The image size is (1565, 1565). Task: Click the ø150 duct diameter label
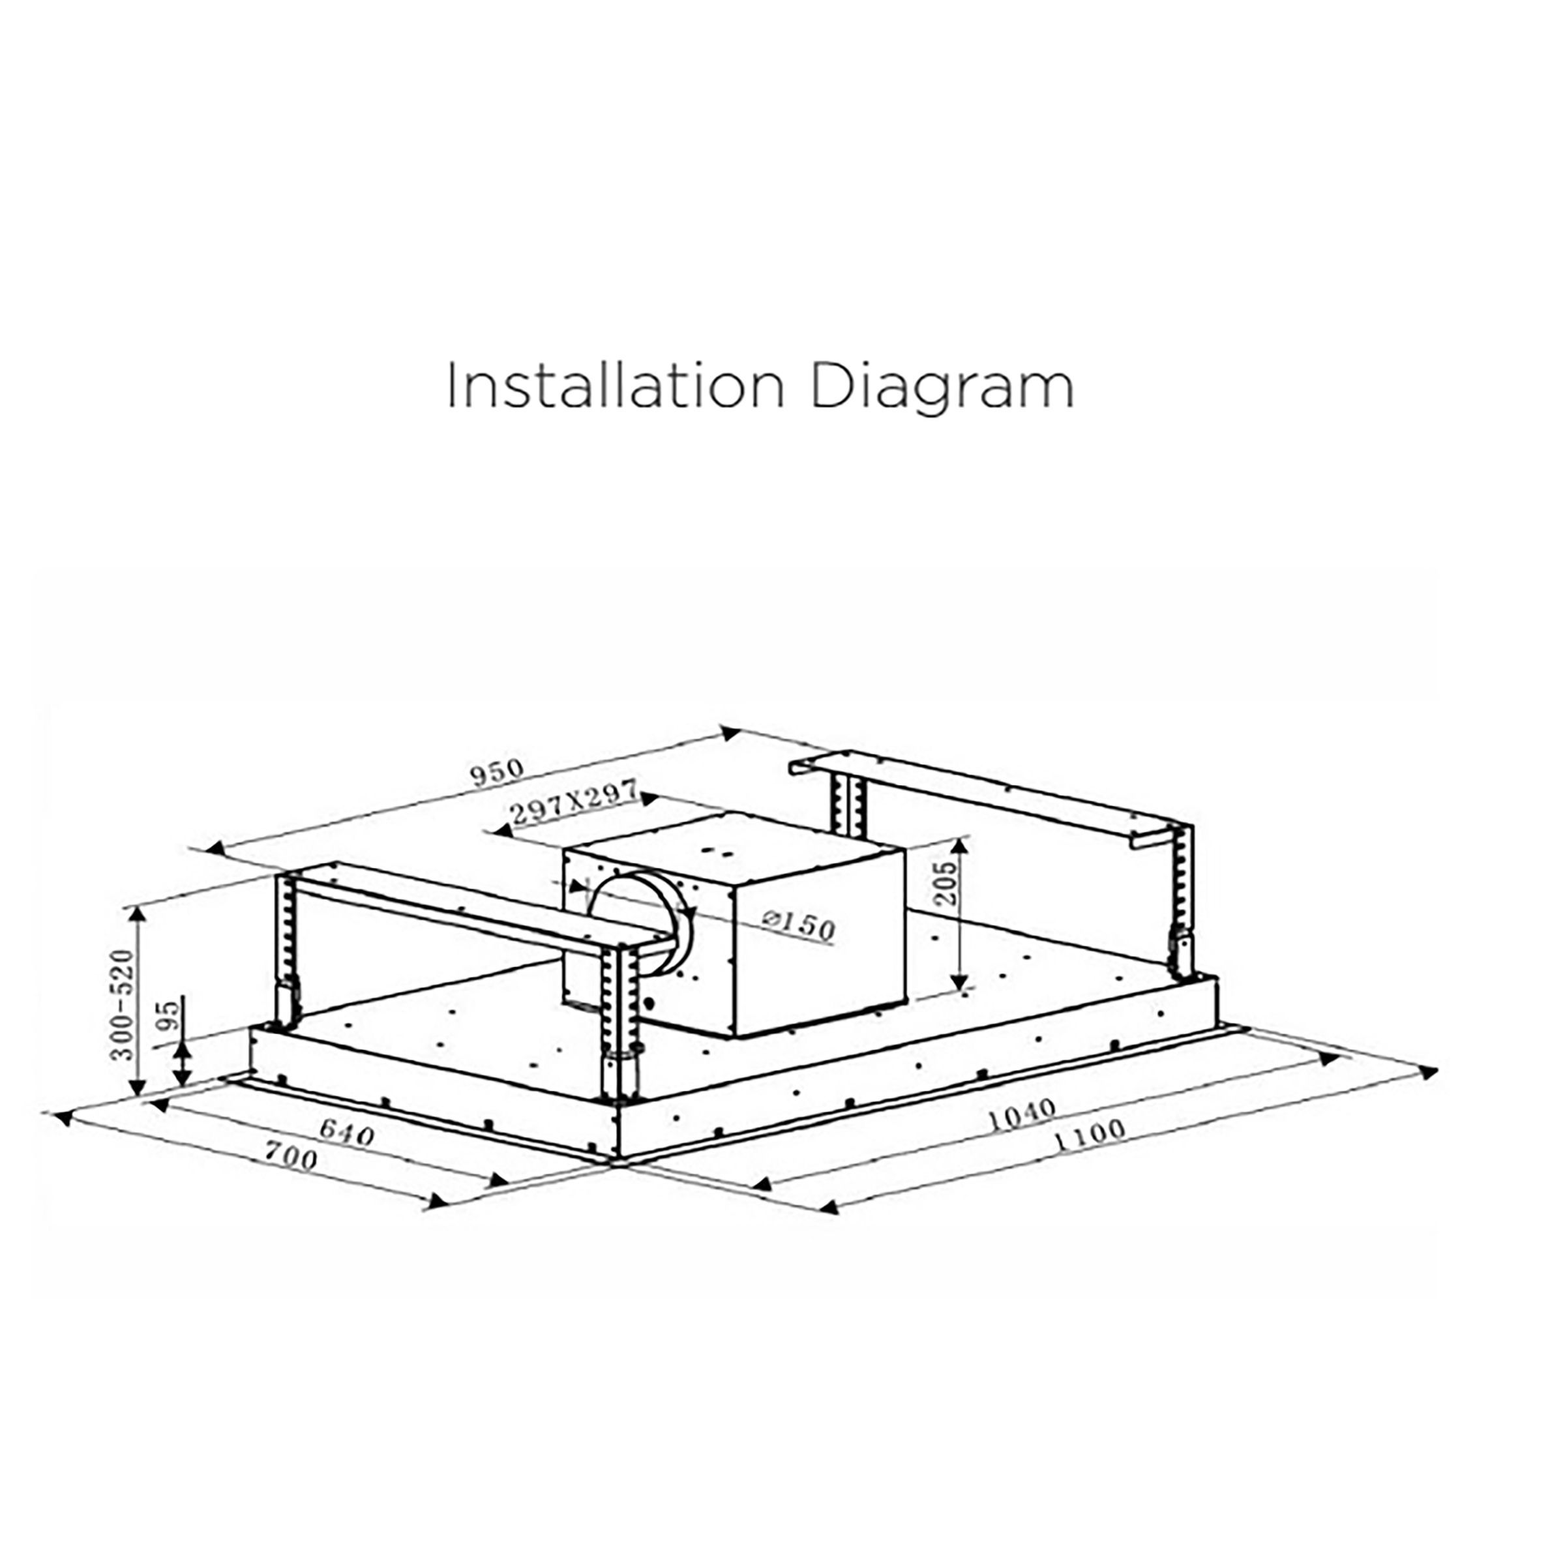799,924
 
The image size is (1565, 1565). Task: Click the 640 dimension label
347,1133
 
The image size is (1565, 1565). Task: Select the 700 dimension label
291,1160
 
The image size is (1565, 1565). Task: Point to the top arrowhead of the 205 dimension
961,845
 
